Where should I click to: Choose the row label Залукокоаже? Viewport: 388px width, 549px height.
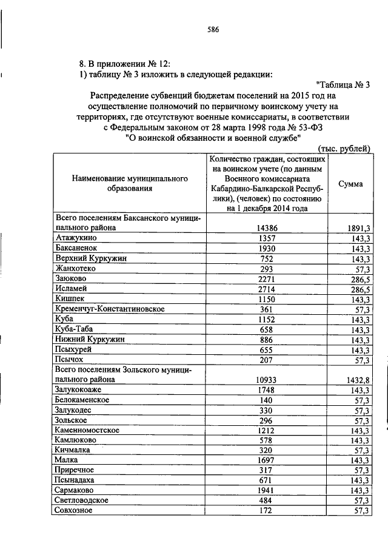tap(80, 389)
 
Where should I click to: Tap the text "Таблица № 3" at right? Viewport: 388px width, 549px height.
tap(343, 85)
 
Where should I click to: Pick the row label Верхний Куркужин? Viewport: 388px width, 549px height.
tap(91, 259)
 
